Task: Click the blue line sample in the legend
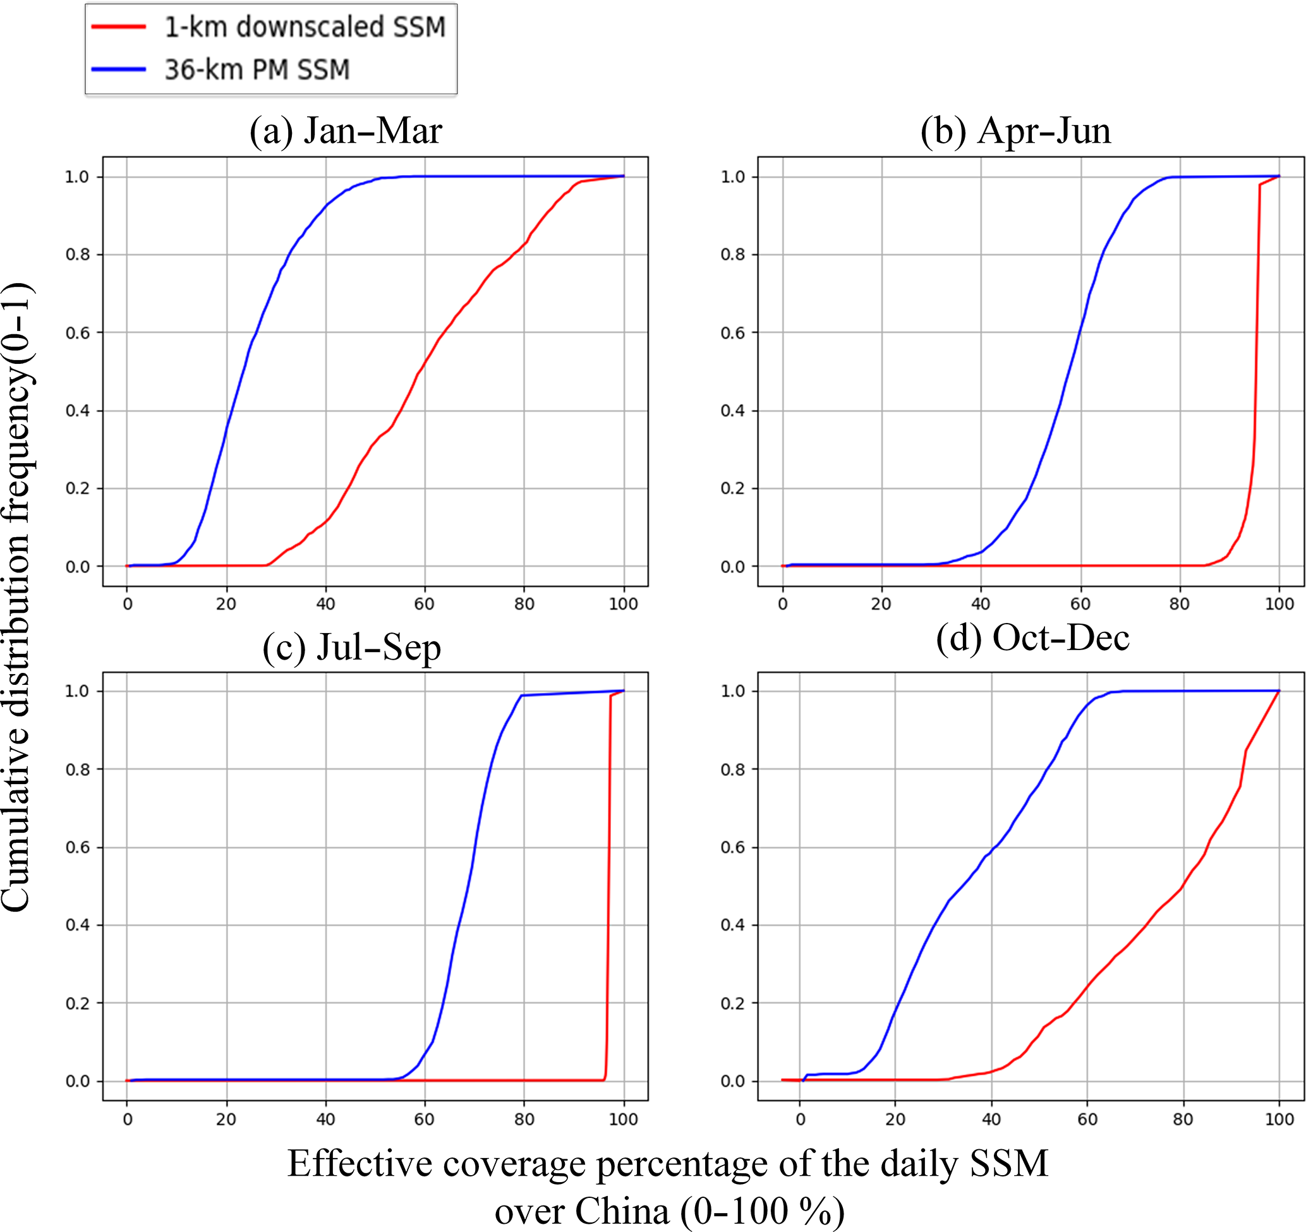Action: point(119,69)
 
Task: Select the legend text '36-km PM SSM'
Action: point(257,69)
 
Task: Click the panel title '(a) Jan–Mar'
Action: point(346,131)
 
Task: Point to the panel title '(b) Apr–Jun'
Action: point(1015,131)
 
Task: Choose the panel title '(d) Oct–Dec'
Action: point(1032,637)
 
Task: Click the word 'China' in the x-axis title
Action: point(622,1211)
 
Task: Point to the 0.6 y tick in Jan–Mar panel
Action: point(77,333)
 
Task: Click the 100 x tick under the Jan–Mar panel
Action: point(623,604)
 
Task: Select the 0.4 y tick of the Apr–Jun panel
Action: point(733,411)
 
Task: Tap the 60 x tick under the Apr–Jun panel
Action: point(1080,604)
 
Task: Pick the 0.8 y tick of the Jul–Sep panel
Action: point(77,770)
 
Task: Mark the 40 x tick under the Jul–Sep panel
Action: point(325,1119)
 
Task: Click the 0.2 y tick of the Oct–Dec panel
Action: point(733,1003)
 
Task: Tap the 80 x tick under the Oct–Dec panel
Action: point(1183,1119)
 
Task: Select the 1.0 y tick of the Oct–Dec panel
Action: point(733,691)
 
